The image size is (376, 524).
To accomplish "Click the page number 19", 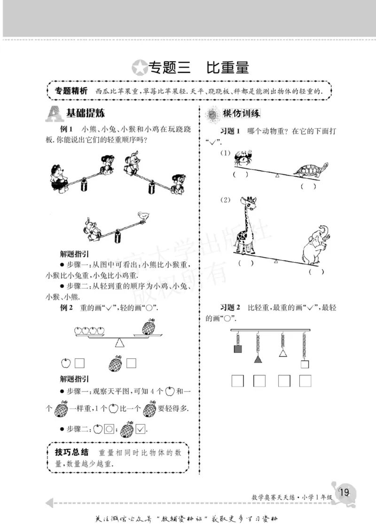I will (x=344, y=492).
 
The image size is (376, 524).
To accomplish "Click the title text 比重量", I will (x=227, y=68).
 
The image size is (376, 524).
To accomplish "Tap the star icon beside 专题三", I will (x=140, y=68).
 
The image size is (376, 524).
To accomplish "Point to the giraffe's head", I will (x=246, y=204).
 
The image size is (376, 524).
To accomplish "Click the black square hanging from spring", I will (x=237, y=349).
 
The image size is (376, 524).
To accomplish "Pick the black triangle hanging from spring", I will (x=258, y=359).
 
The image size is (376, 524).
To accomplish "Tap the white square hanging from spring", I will (x=305, y=364).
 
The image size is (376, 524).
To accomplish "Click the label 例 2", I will (x=67, y=308).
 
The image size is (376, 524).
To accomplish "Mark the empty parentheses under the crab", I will (x=240, y=175).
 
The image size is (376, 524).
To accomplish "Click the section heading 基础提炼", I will (x=85, y=113).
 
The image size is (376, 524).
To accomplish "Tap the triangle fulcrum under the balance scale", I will (x=120, y=342).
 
